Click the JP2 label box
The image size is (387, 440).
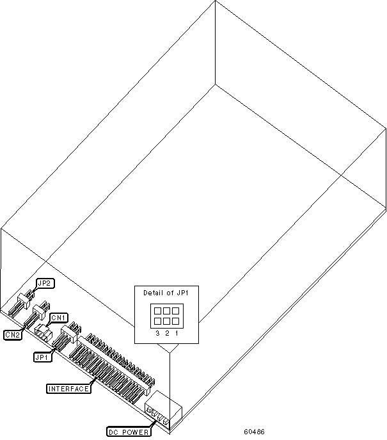[44, 282]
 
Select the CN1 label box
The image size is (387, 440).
[59, 317]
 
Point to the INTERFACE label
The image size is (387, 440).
[68, 388]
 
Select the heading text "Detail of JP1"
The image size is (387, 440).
[166, 293]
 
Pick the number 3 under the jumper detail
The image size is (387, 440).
[157, 334]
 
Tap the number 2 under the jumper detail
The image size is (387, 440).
[166, 334]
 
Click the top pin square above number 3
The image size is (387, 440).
[157, 311]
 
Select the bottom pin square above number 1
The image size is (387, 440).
[175, 321]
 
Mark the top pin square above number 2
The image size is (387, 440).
[166, 311]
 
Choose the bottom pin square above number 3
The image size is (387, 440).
[157, 321]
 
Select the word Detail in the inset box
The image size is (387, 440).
[154, 293]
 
